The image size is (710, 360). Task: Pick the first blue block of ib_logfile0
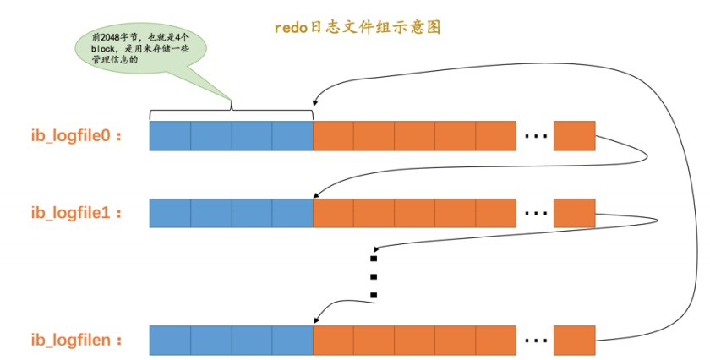[170, 135]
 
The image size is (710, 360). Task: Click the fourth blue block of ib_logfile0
[292, 135]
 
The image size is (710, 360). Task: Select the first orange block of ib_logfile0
[333, 135]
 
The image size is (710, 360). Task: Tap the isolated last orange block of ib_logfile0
[574, 135]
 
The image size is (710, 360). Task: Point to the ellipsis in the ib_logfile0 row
[535, 135]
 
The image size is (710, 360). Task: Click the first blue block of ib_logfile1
[170, 213]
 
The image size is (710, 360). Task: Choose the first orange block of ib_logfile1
[333, 213]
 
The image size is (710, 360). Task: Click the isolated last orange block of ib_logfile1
[574, 213]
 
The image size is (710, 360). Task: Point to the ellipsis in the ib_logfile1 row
[535, 213]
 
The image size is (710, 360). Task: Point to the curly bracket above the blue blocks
[231, 112]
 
